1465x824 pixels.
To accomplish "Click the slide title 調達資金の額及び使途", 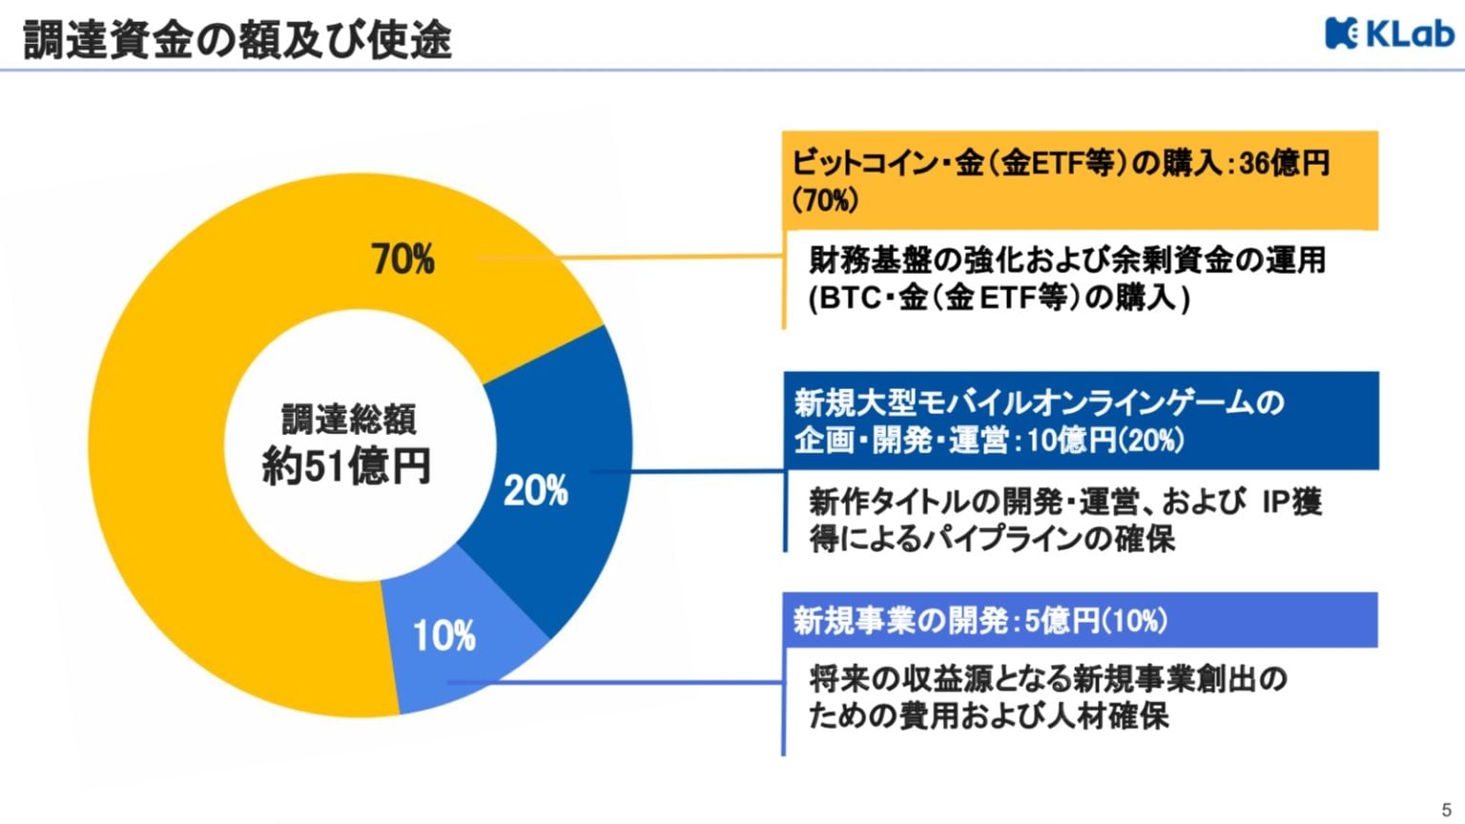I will [237, 40].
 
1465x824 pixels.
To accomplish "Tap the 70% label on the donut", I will [402, 259].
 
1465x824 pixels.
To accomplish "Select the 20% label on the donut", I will [535, 491].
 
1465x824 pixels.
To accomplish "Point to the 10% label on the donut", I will [444, 636].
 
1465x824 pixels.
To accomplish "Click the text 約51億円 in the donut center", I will [346, 467].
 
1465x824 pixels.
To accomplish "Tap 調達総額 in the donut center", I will [349, 421].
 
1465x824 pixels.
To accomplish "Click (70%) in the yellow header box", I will [825, 200].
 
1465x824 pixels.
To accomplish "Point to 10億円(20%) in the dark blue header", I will [1105, 441].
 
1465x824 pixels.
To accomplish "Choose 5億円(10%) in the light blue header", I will [1096, 622].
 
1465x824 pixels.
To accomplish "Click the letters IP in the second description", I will [1276, 502].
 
